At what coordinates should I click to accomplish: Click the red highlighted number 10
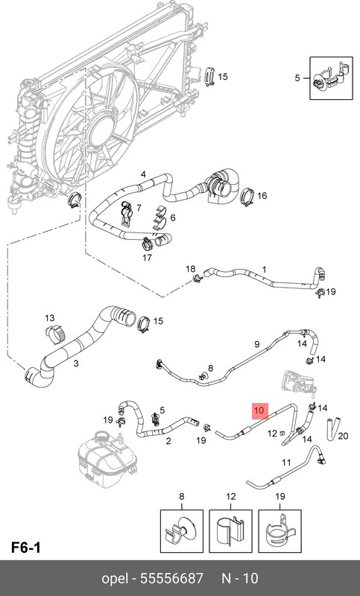[x=259, y=410]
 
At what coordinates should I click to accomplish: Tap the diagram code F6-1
[x=26, y=548]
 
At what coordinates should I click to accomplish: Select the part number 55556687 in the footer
[x=172, y=579]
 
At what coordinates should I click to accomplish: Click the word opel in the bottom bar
[x=114, y=579]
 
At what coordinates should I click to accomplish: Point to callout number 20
[x=343, y=435]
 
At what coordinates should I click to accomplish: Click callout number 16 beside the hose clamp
[x=262, y=196]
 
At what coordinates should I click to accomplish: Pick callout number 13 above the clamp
[x=50, y=318]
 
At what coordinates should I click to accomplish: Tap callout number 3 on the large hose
[x=76, y=364]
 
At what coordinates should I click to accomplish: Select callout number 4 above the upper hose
[x=143, y=174]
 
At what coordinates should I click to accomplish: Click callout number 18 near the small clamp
[x=191, y=269]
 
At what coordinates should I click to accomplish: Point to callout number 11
[x=286, y=463]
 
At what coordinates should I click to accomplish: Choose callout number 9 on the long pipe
[x=257, y=344]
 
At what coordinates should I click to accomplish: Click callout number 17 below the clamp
[x=147, y=258]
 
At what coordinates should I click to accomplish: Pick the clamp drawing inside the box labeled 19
[x=280, y=529]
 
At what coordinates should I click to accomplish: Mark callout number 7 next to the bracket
[x=139, y=208]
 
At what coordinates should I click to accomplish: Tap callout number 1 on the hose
[x=264, y=270]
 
